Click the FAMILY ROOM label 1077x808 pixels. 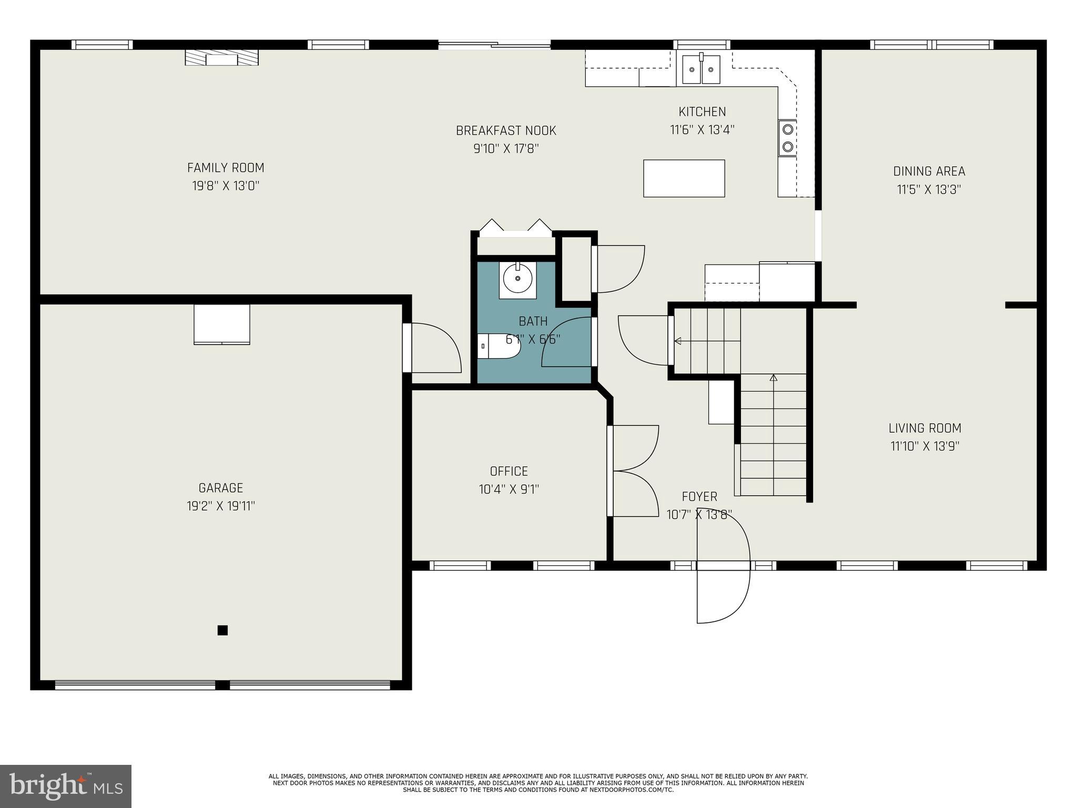(x=226, y=168)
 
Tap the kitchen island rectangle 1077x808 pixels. (x=684, y=178)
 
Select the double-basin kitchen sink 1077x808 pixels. (x=701, y=69)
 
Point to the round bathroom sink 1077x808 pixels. (x=517, y=278)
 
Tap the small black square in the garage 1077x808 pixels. (x=222, y=630)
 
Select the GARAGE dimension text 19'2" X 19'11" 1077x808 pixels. (x=221, y=506)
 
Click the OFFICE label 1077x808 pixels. (x=509, y=471)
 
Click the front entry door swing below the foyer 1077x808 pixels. (x=723, y=594)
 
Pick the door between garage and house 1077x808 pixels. (x=432, y=348)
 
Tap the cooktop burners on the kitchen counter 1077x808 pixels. (x=787, y=138)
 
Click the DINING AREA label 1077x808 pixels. (x=929, y=171)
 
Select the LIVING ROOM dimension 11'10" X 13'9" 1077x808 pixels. (x=924, y=446)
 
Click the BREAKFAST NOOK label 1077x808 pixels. (x=506, y=130)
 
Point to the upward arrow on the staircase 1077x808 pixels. (x=773, y=378)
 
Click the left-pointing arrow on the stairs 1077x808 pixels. (x=678, y=341)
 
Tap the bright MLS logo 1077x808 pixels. (x=66, y=786)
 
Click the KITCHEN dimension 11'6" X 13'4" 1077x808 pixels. (x=702, y=129)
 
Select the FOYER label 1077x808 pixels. (x=699, y=497)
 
